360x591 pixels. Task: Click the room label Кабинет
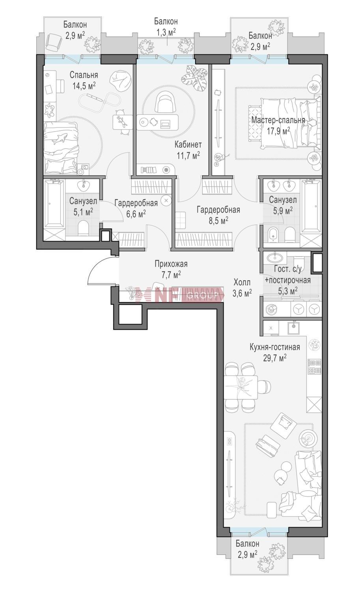[188, 145]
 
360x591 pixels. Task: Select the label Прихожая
[171, 264]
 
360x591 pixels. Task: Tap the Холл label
[242, 282]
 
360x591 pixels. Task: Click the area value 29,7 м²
[275, 358]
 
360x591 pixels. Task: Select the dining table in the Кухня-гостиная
[241, 387]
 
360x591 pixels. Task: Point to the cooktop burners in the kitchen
[314, 367]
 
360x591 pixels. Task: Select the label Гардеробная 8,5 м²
[218, 215]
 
